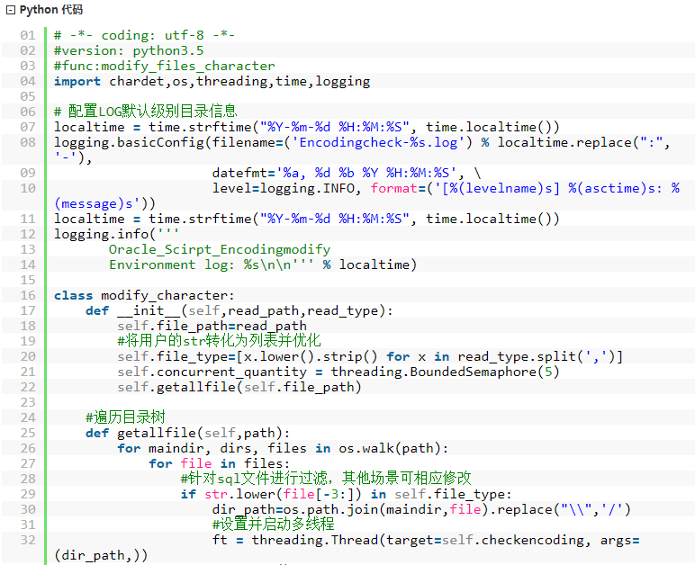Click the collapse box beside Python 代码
pos(11,10)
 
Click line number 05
pos(28,96)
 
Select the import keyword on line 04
pos(77,82)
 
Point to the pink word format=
pos(395,189)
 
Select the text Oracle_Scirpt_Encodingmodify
pos(220,250)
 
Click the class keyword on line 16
pos(73,295)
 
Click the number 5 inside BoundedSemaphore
pos(548,372)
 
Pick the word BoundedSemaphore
pos(473,372)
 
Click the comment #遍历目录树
pos(125,417)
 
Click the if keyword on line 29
pos(188,494)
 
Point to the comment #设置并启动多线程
pos(274,525)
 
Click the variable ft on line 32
pos(220,540)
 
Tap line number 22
pos(28,388)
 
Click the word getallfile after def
pos(157,433)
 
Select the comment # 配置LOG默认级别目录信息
pos(145,112)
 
